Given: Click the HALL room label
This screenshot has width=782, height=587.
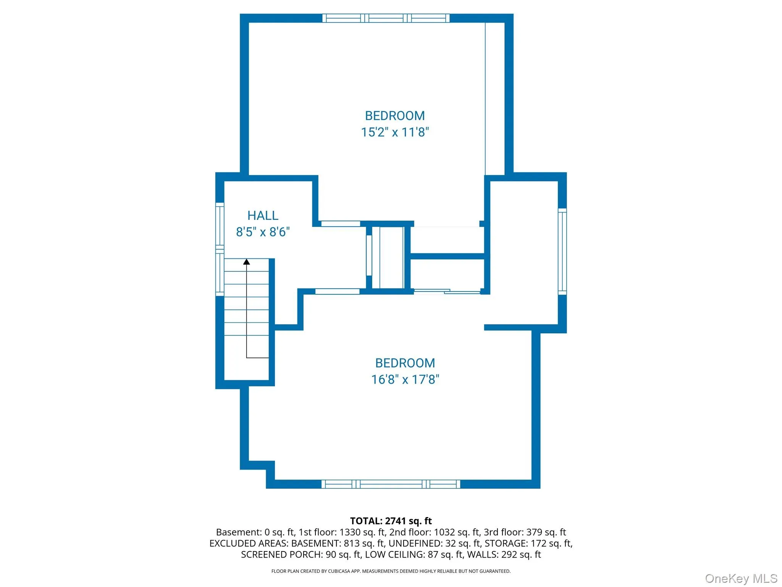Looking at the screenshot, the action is click(x=263, y=216).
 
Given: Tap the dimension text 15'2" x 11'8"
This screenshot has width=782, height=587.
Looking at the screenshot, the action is click(x=395, y=132).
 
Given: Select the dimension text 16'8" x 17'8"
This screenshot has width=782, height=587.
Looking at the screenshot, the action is click(x=405, y=379).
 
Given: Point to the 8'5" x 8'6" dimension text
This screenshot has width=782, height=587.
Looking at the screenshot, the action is click(x=263, y=232).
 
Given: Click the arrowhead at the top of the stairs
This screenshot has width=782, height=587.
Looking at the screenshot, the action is click(x=247, y=262).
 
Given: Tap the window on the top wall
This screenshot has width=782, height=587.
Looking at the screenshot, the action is click(x=386, y=18).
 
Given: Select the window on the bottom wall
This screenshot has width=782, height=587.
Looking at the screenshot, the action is click(x=391, y=484).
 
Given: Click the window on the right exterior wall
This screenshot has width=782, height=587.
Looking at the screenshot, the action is click(x=562, y=251).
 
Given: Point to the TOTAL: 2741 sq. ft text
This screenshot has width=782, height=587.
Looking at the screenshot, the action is click(x=391, y=521).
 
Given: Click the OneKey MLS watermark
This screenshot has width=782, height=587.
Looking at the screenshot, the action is click(x=741, y=579).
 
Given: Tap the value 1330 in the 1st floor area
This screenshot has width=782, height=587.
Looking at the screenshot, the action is click(x=350, y=532).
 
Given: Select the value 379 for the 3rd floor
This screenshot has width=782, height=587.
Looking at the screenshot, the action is click(x=533, y=532).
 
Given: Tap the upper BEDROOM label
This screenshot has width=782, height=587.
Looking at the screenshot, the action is click(x=395, y=116).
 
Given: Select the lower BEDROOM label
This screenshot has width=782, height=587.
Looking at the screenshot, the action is click(x=405, y=363).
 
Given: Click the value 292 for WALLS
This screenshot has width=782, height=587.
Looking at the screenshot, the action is click(x=508, y=555).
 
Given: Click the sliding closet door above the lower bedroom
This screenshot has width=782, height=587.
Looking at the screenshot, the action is click(x=447, y=292).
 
